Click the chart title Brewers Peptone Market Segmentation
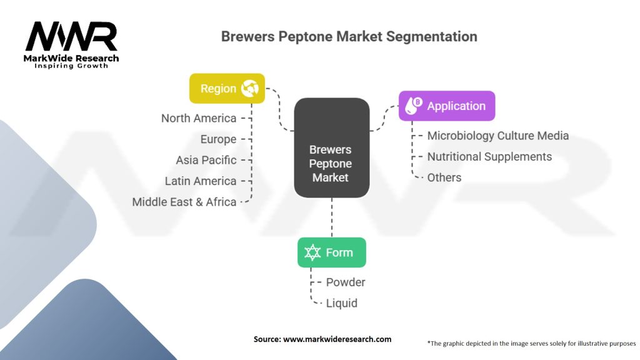pyautogui.click(x=349, y=36)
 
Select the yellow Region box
pyautogui.click(x=227, y=89)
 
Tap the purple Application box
pyautogui.click(x=447, y=106)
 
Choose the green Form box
pyautogui.click(x=331, y=252)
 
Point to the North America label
pyautogui.click(x=199, y=118)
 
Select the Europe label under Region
pyautogui.click(x=218, y=139)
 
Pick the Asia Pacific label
pyautogui.click(x=206, y=160)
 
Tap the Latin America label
pyautogui.click(x=201, y=181)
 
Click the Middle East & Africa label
pyautogui.click(x=184, y=202)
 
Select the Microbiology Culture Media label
pyautogui.click(x=497, y=136)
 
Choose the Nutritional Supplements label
pyautogui.click(x=489, y=156)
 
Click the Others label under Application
pyautogui.click(x=444, y=177)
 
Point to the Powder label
pyautogui.click(x=346, y=282)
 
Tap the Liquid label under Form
pyautogui.click(x=341, y=303)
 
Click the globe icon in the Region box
pyautogui.click(x=250, y=89)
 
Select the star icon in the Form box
pyautogui.click(x=312, y=252)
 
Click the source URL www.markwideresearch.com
pyautogui.click(x=337, y=339)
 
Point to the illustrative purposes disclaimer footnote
pyautogui.click(x=531, y=343)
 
